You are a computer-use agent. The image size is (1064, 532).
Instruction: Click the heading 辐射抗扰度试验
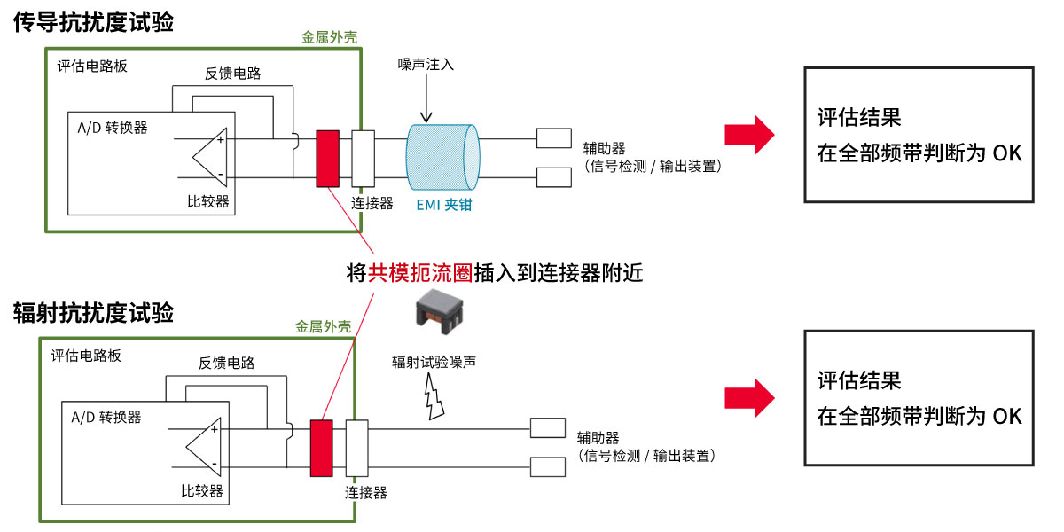[x=93, y=313]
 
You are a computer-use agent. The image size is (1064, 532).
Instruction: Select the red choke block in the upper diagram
[x=327, y=158]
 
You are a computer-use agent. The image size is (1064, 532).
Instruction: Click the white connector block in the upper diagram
[x=363, y=158]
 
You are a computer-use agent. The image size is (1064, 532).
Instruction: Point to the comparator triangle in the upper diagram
[x=207, y=159]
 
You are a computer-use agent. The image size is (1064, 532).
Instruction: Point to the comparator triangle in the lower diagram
[x=202, y=447]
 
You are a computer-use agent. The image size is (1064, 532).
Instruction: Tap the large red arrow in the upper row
[x=749, y=136]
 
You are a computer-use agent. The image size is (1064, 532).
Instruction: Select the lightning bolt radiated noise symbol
[x=434, y=396]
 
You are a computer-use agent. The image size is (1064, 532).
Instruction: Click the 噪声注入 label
[x=426, y=65]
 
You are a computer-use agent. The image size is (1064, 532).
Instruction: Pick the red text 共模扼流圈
[x=421, y=272]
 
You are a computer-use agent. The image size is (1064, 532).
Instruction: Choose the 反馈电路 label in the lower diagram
[x=226, y=363]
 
